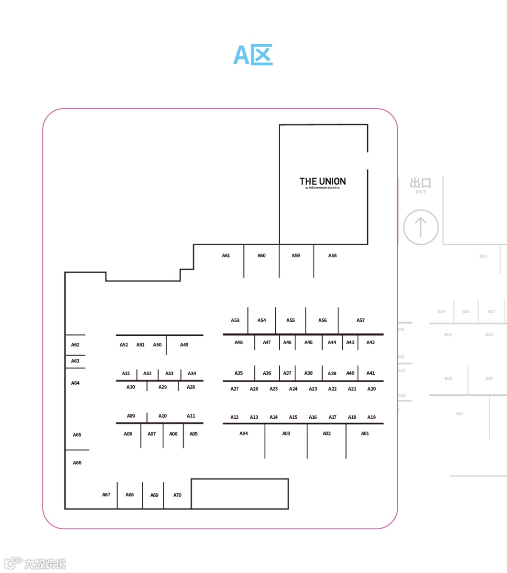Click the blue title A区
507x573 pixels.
(253, 55)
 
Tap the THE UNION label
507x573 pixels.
(323, 182)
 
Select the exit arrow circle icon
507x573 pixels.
(421, 227)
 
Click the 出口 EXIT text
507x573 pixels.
(420, 185)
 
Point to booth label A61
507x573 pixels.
(226, 256)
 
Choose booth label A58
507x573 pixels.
(332, 256)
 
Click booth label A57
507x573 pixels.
(361, 321)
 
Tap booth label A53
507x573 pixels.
(235, 321)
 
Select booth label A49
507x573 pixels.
(184, 345)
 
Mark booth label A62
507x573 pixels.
(75, 345)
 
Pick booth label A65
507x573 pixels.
(77, 435)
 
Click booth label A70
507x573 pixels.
(177, 496)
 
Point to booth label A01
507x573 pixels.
(365, 434)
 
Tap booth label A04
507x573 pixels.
(244, 434)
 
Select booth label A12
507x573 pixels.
(234, 418)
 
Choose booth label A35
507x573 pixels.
(238, 373)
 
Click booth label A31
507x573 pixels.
(126, 374)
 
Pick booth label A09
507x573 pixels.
(131, 416)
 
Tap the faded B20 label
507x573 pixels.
(483, 256)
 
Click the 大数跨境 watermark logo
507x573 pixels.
(35, 563)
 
